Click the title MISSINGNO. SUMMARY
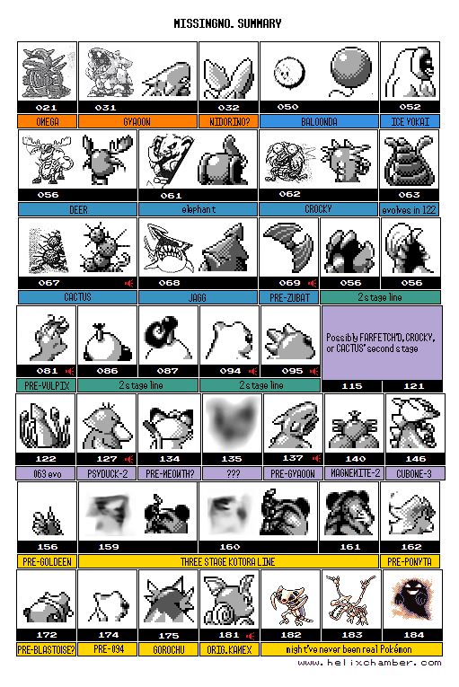tap(227, 23)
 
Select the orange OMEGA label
tap(48, 121)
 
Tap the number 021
tap(47, 108)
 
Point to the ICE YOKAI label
tap(410, 121)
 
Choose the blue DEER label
tap(78, 209)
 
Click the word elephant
tap(199, 209)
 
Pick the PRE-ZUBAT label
tap(289, 297)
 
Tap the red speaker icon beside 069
tap(312, 283)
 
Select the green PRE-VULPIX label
tap(47, 385)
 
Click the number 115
tap(352, 386)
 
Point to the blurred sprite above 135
tap(232, 422)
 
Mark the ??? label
tap(232, 473)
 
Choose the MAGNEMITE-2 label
tap(355, 473)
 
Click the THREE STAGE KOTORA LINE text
tap(228, 561)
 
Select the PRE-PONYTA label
tap(410, 561)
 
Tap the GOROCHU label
tap(168, 649)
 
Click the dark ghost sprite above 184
tap(411, 598)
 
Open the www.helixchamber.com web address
tap(369, 663)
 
